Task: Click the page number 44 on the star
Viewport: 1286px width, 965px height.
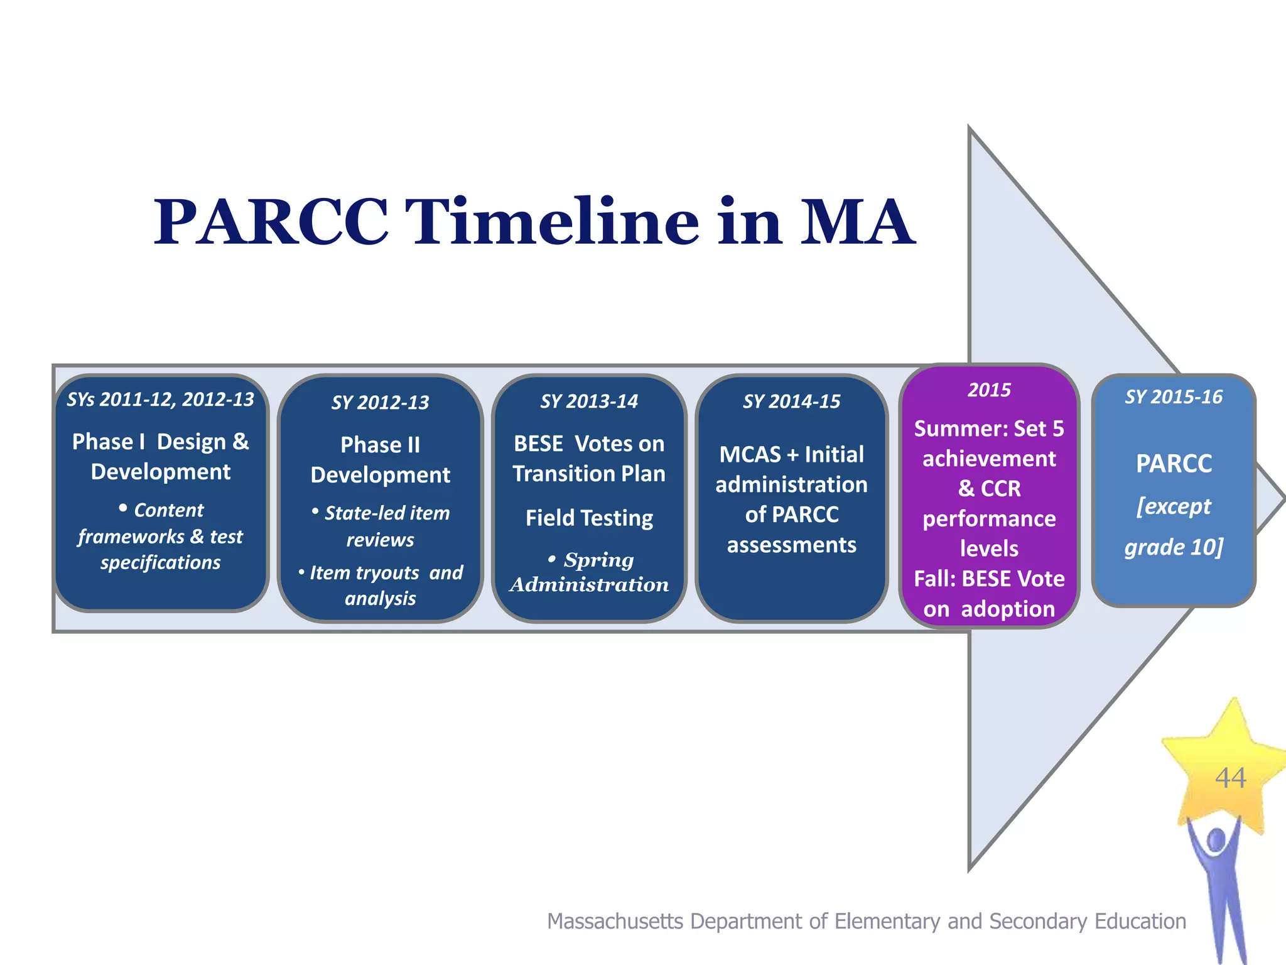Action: point(1230,778)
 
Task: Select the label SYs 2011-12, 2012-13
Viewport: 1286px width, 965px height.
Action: point(161,400)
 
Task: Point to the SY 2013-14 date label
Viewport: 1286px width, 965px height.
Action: point(589,401)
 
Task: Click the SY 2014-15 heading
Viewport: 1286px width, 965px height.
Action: point(791,401)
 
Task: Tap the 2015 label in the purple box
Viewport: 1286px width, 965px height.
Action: point(989,390)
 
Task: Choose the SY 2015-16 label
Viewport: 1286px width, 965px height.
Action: point(1174,397)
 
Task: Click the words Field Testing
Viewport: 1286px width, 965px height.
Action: point(589,518)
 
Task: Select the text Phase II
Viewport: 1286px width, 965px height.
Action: point(380,445)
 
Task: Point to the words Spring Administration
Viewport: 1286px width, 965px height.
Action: point(589,572)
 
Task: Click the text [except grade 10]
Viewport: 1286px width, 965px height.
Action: point(1174,526)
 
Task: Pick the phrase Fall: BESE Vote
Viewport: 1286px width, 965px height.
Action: point(989,579)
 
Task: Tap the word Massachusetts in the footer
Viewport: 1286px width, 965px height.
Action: point(615,921)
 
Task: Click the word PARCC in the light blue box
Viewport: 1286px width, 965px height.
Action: point(1174,464)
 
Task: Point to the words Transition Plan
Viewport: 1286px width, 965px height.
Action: point(589,474)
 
